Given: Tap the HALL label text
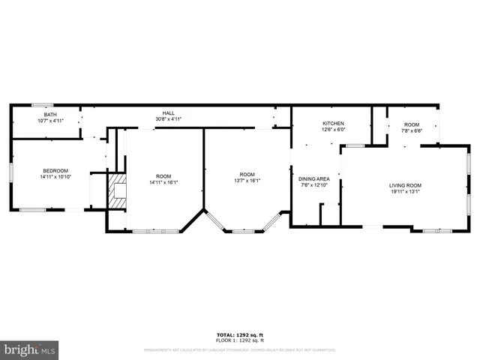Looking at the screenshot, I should click(169, 113).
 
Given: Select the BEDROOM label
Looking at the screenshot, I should click(55, 170).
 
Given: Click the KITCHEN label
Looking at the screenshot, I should click(333, 123).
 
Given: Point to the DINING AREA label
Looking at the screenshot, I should click(314, 179).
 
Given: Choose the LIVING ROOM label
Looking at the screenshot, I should click(405, 185).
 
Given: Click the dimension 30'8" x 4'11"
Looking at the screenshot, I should click(169, 119).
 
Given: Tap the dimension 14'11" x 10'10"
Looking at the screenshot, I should click(55, 176).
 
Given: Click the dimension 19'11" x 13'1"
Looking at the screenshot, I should click(405, 191).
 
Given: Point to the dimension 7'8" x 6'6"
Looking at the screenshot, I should click(412, 130).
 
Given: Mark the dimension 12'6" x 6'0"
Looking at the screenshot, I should click(333, 129).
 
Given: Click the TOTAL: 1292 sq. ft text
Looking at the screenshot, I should click(241, 334).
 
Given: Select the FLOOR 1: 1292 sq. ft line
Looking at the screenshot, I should click(241, 340).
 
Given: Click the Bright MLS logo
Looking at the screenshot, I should click(30, 349).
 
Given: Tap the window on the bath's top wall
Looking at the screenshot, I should click(42, 105).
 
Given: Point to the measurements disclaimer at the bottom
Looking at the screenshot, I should click(241, 349).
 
